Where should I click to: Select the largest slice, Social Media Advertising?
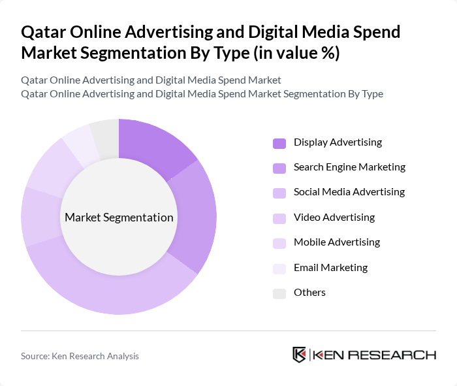tap(111, 287)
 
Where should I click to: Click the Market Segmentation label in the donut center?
tap(118, 217)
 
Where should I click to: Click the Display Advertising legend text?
tap(338, 142)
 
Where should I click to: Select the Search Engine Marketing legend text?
tap(349, 167)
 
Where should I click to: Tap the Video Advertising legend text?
tap(334, 217)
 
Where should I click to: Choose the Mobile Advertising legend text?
tap(337, 242)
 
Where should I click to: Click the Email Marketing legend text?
tap(330, 267)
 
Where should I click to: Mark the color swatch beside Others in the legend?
tap(279, 293)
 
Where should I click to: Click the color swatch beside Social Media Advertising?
tap(279, 193)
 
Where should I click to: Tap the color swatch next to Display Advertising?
tap(279, 143)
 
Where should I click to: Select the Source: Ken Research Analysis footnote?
tap(80, 356)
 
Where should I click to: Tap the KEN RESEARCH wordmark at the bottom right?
tap(374, 355)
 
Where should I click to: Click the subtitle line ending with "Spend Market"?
tap(151, 80)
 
